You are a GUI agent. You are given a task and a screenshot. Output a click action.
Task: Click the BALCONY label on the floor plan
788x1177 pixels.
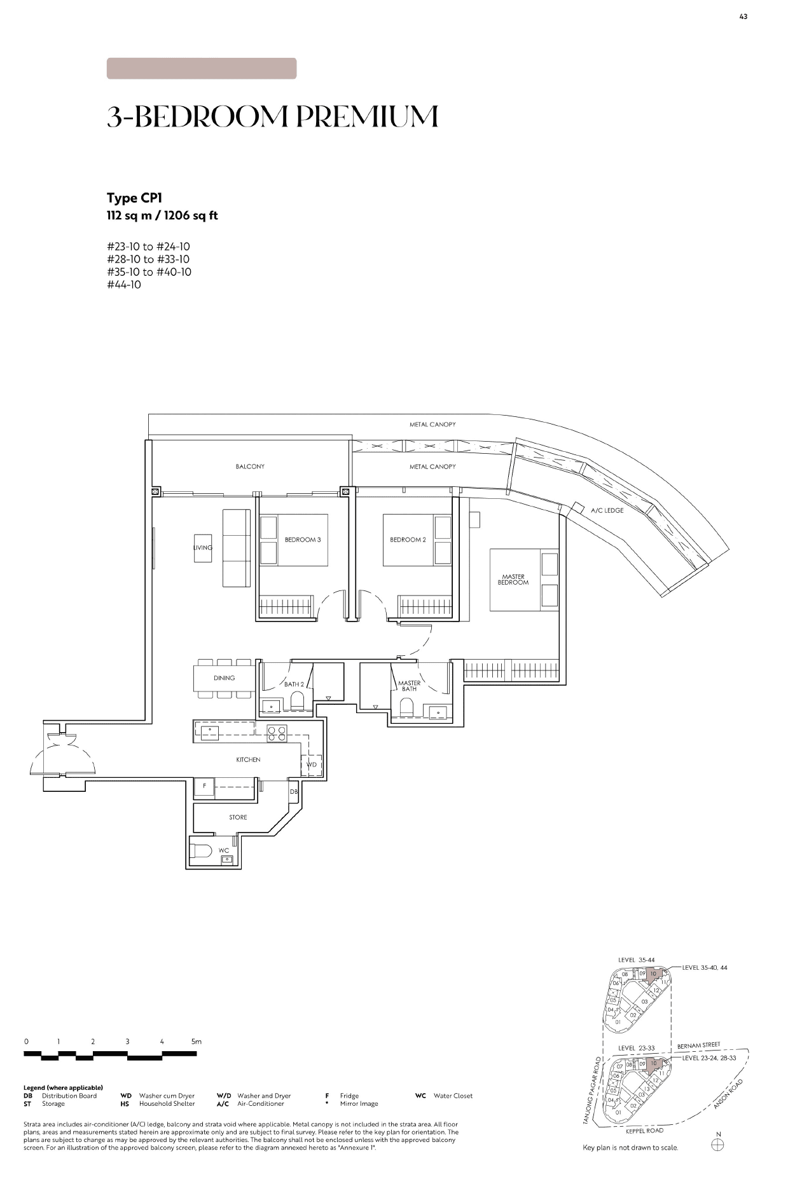[250, 466]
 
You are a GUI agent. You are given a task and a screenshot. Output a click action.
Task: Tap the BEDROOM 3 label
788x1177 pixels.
[303, 540]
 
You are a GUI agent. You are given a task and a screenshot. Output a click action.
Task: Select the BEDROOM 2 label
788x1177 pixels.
[408, 540]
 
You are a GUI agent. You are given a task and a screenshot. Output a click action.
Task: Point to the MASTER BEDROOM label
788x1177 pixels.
[513, 580]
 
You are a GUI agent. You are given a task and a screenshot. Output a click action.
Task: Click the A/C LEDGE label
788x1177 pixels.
[607, 510]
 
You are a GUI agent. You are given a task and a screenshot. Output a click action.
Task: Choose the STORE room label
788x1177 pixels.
[238, 817]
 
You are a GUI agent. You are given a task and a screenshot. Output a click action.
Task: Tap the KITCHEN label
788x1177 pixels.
[248, 759]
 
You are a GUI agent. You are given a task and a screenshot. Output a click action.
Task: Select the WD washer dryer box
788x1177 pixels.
[312, 765]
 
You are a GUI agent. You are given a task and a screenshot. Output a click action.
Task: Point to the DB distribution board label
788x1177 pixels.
[294, 792]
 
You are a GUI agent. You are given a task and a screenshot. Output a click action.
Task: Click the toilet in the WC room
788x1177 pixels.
[201, 852]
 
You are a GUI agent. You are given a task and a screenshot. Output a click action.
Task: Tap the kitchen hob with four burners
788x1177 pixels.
[277, 733]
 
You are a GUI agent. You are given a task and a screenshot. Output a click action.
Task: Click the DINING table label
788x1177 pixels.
[225, 678]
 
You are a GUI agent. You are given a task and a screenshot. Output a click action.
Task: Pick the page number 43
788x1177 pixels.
[743, 17]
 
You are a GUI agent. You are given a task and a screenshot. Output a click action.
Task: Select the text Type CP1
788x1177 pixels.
[134, 198]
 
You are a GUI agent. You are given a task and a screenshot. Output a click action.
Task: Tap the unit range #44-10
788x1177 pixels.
[124, 285]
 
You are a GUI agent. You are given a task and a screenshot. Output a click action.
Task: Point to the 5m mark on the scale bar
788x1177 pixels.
[197, 1042]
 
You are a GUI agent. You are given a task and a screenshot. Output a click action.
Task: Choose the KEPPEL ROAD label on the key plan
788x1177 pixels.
[644, 1131]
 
